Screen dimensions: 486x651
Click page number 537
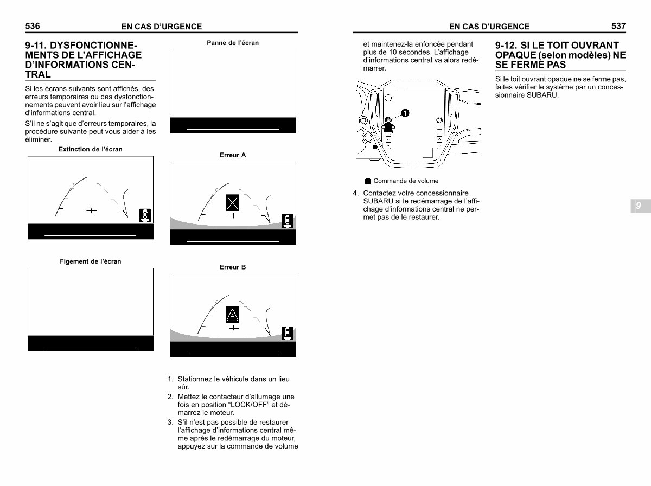[x=618, y=26]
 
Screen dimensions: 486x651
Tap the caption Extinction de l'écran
[x=91, y=149]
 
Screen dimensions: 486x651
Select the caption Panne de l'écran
[x=233, y=43]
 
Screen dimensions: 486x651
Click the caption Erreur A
[x=233, y=155]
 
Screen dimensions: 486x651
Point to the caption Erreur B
[x=233, y=267]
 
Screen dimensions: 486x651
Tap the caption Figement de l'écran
[x=91, y=261]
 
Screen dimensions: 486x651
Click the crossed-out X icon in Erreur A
[x=233, y=203]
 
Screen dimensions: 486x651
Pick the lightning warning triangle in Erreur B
[x=233, y=315]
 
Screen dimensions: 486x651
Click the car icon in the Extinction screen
[x=145, y=215]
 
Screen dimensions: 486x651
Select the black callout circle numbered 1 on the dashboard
[x=405, y=113]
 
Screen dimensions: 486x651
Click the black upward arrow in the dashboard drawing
[x=388, y=126]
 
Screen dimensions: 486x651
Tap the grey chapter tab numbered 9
[x=638, y=206]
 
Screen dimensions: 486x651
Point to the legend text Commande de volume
[x=406, y=181]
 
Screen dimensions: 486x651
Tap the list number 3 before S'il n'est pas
[x=170, y=422]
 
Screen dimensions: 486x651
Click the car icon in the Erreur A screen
[x=288, y=221]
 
